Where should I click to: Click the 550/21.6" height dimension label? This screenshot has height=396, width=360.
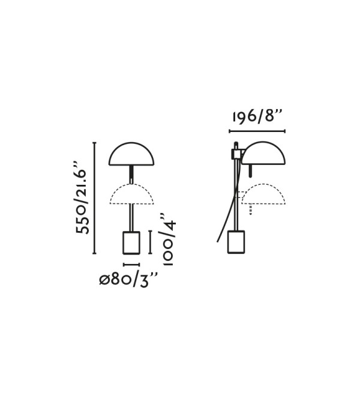coord(81,198)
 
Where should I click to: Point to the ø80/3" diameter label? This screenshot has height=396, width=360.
coord(128,280)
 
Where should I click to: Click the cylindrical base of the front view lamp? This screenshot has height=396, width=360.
coord(131,242)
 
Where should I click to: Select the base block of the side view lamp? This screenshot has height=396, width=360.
coord(236,242)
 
